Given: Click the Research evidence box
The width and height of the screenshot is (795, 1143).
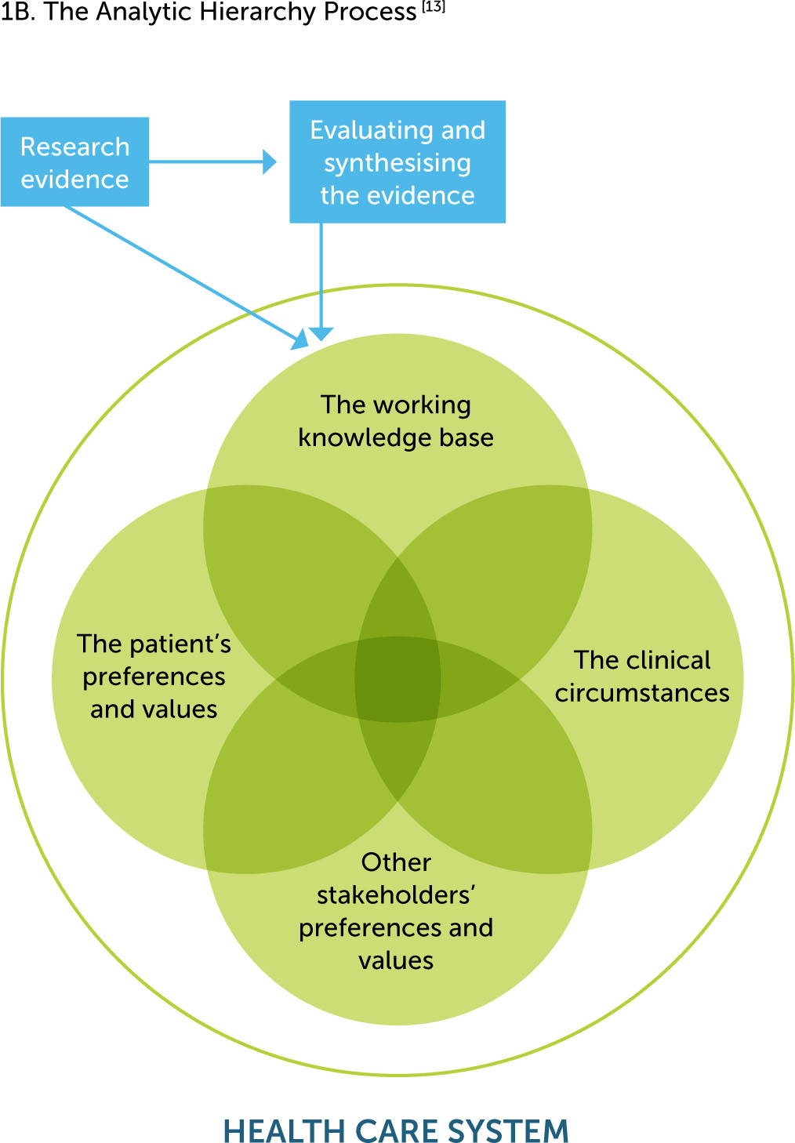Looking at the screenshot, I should pyautogui.click(x=74, y=162).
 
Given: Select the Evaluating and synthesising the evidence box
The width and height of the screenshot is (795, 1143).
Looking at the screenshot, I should pyautogui.click(x=397, y=162).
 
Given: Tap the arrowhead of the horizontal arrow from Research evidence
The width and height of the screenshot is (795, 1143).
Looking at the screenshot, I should pyautogui.click(x=270, y=162).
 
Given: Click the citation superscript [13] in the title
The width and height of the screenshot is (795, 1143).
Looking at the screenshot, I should pyautogui.click(x=434, y=7).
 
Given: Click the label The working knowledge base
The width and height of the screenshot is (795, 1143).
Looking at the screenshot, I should pyautogui.click(x=396, y=421).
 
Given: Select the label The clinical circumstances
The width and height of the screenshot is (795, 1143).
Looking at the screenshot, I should pyautogui.click(x=642, y=677).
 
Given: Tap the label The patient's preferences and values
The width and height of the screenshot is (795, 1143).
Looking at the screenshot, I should pyautogui.click(x=154, y=677).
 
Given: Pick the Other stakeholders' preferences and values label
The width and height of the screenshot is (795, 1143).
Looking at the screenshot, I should pyautogui.click(x=396, y=911).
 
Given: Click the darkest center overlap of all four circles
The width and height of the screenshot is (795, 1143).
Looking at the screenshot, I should pyautogui.click(x=397, y=679).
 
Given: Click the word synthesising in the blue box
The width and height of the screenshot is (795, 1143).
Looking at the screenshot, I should pyautogui.click(x=397, y=163).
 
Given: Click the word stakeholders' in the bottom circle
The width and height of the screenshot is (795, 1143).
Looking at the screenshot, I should pyautogui.click(x=396, y=894).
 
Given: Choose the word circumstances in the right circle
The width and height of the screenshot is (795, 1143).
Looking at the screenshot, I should pyautogui.click(x=642, y=693).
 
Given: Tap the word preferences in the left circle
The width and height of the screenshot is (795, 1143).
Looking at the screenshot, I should pyautogui.click(x=154, y=677).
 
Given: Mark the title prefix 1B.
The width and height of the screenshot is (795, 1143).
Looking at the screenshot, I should pyautogui.click(x=17, y=13).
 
